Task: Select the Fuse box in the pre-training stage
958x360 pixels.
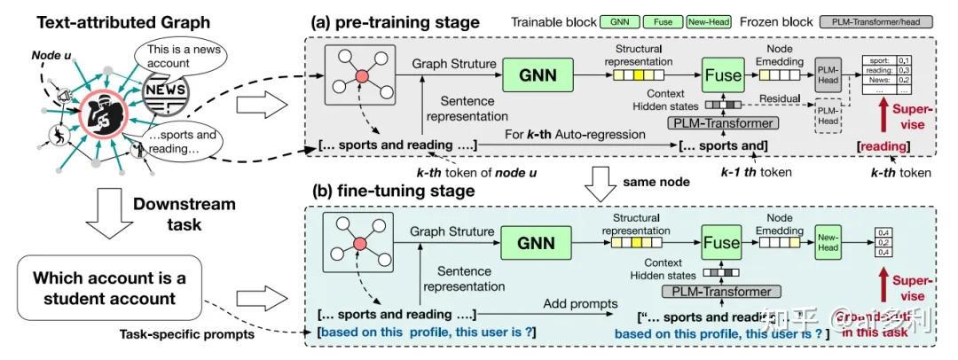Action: (723, 75)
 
